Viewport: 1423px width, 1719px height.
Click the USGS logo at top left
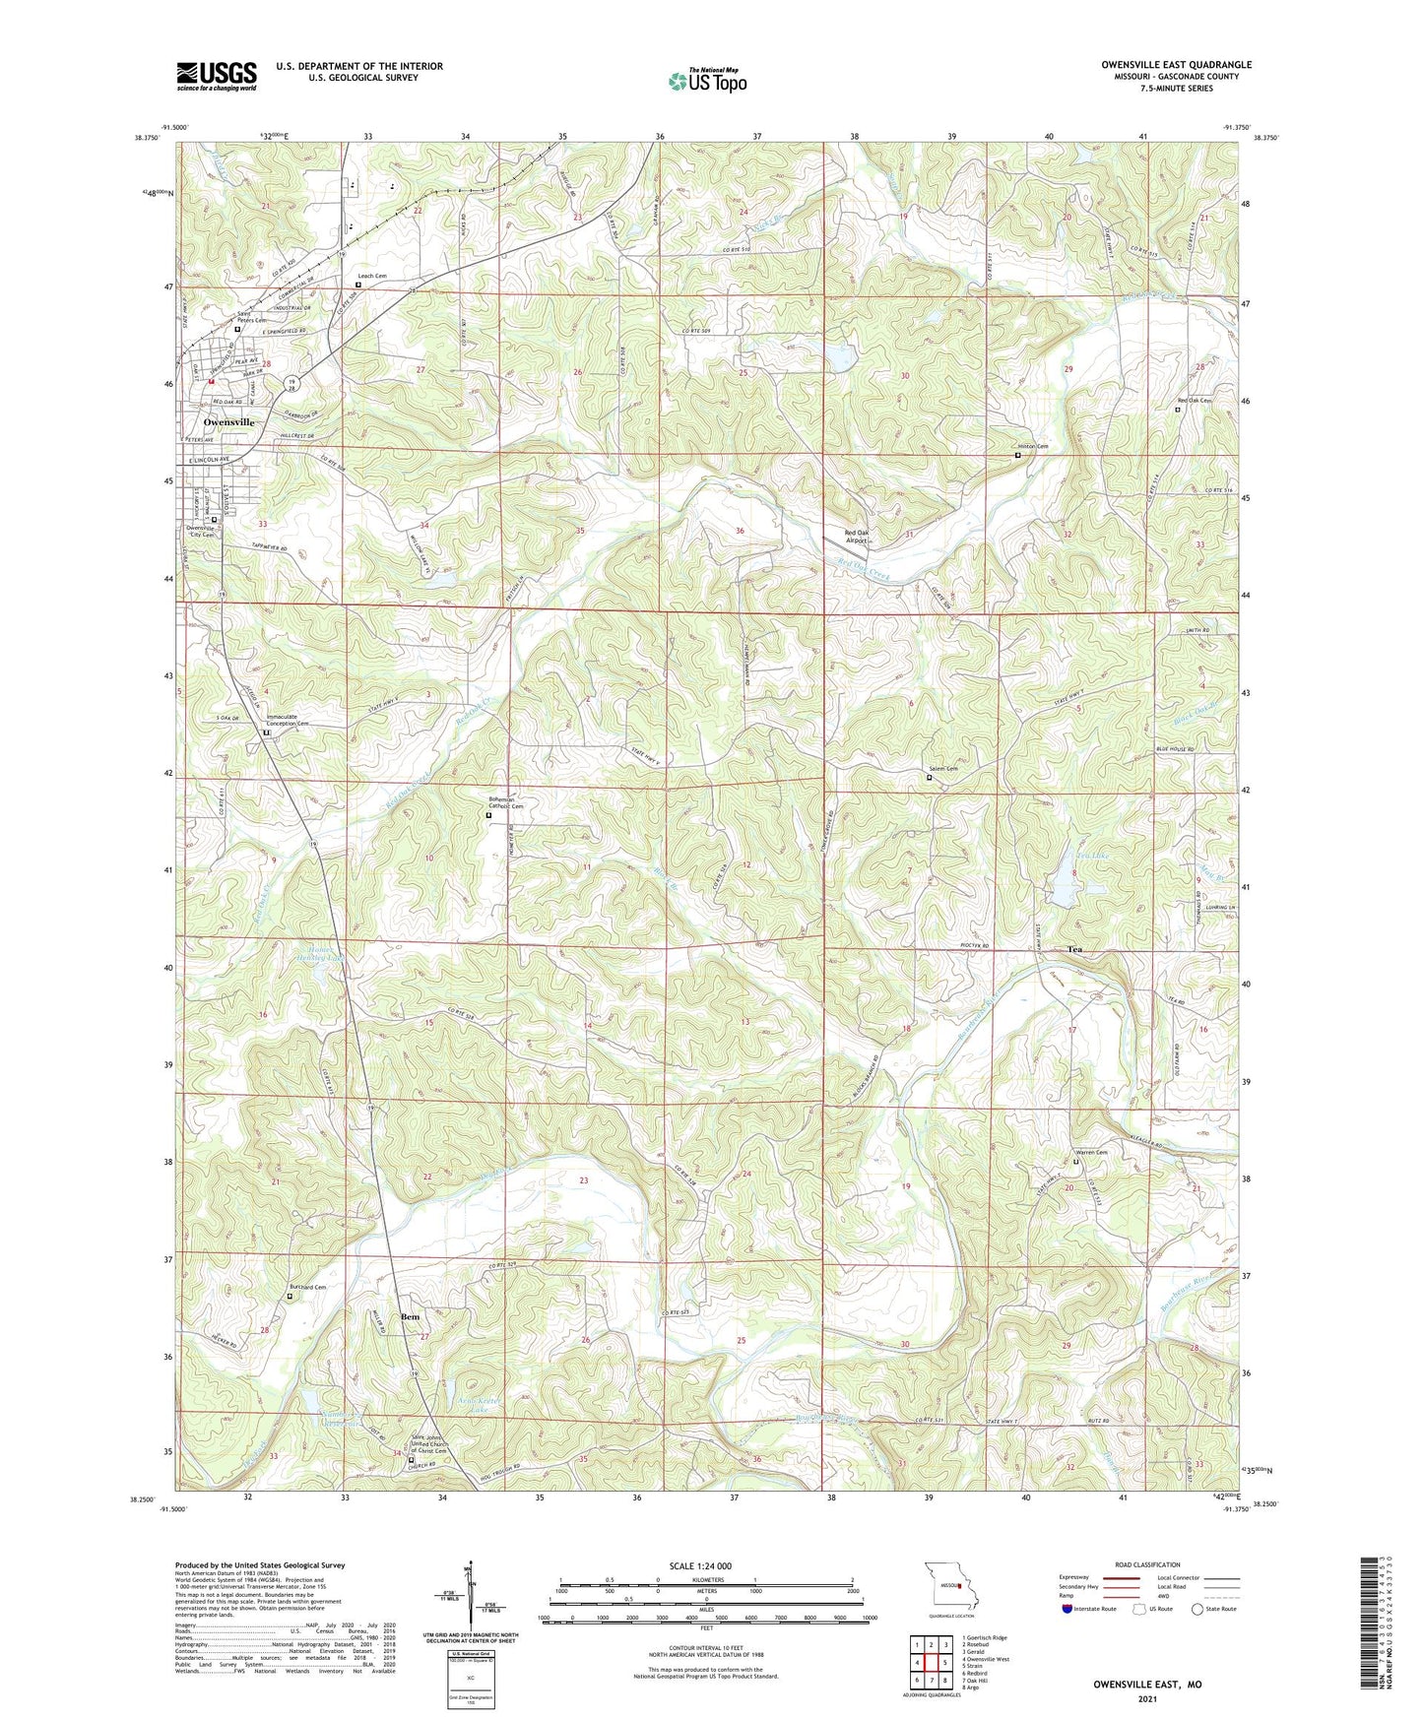[217, 76]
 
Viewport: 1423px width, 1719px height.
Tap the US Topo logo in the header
[706, 81]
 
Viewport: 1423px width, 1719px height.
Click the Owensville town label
[228, 421]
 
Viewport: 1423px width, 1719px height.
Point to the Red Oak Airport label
[857, 537]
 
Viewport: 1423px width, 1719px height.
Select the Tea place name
[1074, 949]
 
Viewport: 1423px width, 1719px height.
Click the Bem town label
[410, 1316]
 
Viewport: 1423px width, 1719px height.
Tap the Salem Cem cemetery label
[941, 769]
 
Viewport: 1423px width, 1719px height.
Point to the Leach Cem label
[371, 277]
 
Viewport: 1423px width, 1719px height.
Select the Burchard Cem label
[306, 1287]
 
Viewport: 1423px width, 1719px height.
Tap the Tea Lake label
[1067, 857]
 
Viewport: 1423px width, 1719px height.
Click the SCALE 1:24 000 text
[706, 1565]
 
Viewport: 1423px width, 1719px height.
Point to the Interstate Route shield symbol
[1069, 1609]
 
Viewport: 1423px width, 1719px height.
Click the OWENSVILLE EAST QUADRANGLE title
[1177, 65]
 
